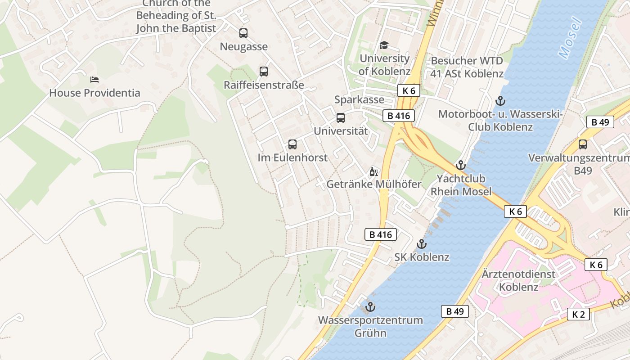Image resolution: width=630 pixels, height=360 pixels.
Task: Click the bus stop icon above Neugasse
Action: tap(243, 33)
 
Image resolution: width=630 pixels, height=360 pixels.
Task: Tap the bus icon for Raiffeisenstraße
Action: tap(264, 71)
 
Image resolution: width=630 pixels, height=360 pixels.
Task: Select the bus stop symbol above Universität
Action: tap(341, 118)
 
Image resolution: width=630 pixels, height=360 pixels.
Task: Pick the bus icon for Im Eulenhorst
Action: tap(292, 144)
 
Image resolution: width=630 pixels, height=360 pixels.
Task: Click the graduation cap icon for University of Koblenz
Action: tap(384, 45)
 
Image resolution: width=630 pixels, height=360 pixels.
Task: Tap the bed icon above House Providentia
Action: tap(94, 80)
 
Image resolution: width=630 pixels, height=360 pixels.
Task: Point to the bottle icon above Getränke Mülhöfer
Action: tap(373, 171)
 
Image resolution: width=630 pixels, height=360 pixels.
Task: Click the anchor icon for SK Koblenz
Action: tap(422, 244)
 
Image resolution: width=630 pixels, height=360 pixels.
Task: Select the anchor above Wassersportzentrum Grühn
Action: tap(370, 307)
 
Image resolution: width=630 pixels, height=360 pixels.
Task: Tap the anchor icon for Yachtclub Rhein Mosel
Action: tap(460, 165)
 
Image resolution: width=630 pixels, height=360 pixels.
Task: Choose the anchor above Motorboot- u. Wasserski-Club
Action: tap(500, 101)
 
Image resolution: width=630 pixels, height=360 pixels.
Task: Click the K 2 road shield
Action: tap(578, 314)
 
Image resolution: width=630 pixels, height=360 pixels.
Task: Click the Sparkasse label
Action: tap(359, 99)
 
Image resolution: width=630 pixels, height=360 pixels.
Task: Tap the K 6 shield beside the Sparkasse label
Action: tap(409, 90)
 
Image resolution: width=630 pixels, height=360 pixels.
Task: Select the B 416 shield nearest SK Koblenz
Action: tap(381, 234)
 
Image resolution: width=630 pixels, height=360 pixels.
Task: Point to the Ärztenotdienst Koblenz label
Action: tap(518, 280)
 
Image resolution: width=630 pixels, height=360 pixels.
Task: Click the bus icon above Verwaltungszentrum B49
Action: tap(583, 144)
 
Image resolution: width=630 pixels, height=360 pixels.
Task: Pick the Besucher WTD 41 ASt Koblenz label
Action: tap(467, 67)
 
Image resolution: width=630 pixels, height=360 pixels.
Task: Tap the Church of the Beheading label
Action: tap(176, 16)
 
